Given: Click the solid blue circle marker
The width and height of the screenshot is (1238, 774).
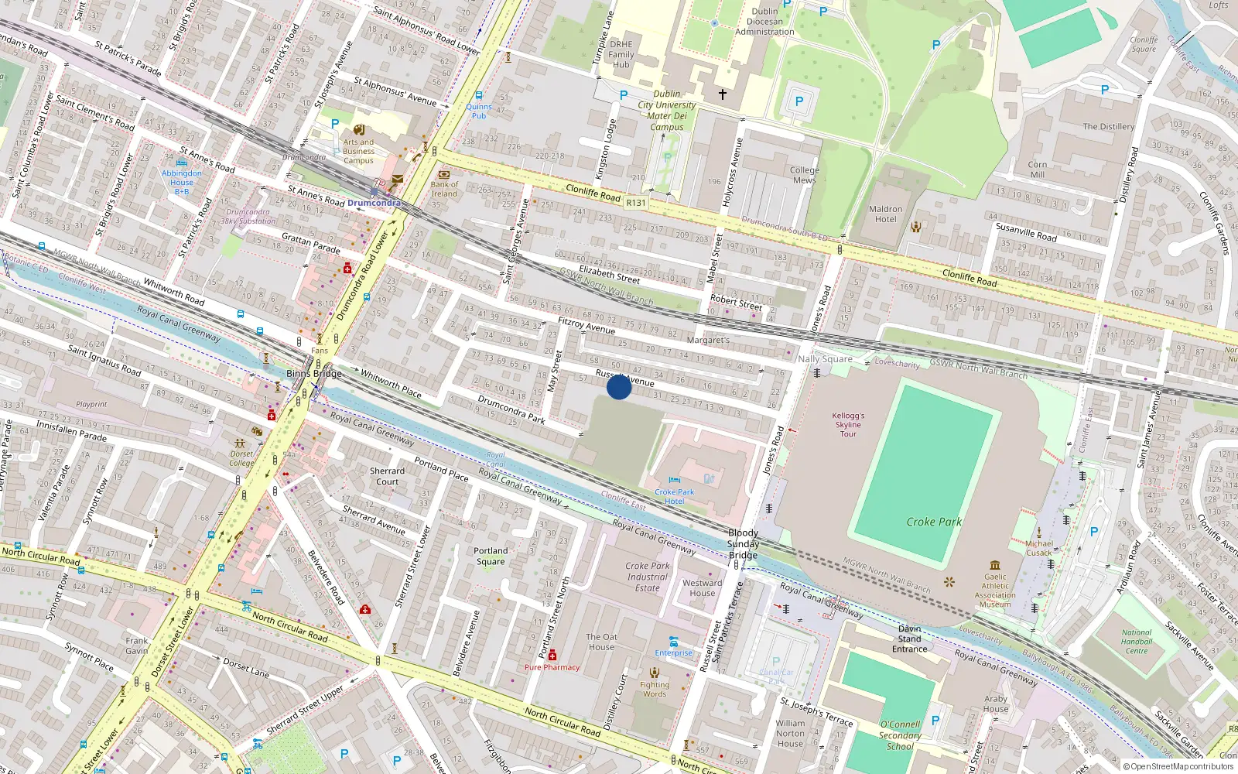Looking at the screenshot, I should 618,386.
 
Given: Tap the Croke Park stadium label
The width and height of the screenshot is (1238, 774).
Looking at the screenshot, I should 934,522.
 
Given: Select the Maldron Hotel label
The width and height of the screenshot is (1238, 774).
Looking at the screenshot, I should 885,214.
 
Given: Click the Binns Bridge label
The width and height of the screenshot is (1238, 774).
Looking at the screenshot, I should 313,374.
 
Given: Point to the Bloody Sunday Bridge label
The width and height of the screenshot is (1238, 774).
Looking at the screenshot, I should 743,543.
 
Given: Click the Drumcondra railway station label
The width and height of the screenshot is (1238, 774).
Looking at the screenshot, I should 374,203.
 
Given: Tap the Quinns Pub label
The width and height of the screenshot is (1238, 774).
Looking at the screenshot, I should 479,111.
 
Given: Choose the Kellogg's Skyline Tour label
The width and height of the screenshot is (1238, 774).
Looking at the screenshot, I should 848,424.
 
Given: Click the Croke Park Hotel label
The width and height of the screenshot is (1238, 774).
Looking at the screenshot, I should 675,496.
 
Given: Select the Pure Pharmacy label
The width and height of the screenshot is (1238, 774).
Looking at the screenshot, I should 552,667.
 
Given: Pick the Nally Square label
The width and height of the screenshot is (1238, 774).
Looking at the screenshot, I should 825,359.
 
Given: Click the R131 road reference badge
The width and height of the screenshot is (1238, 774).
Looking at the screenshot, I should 636,203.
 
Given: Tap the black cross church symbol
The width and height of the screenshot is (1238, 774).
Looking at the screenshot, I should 723,94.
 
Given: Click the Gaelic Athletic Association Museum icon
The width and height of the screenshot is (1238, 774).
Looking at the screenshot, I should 995,565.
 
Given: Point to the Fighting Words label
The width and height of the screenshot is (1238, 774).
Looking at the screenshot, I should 655,689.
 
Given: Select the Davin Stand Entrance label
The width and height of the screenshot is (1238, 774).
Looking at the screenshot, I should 909,639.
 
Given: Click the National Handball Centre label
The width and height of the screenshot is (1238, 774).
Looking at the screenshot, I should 1137,642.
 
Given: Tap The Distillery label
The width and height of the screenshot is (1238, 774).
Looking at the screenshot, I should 1108,126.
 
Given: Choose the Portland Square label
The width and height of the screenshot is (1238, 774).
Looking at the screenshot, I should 491,556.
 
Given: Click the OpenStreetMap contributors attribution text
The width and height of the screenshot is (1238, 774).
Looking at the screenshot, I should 1178,767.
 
